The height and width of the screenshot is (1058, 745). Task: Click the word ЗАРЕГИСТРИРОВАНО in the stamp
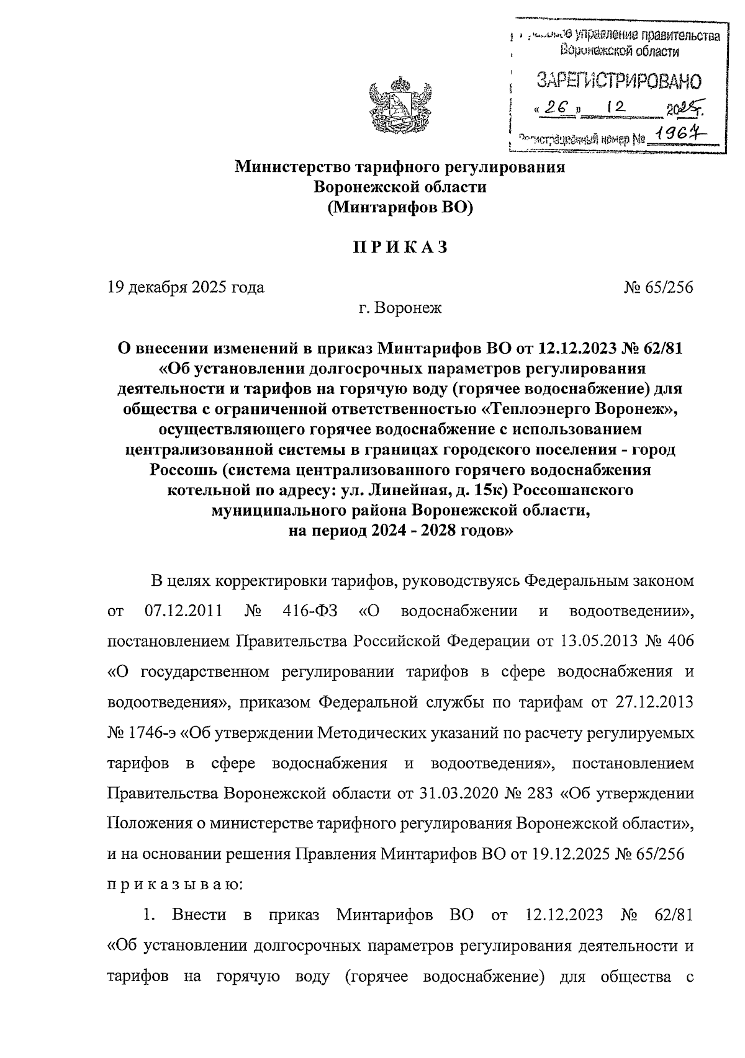click(618, 81)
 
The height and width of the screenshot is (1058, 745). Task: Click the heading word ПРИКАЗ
click(400, 247)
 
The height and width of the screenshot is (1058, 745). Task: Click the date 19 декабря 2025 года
click(186, 287)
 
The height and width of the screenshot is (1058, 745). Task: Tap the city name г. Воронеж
click(400, 307)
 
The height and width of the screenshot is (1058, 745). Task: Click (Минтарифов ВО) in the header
click(400, 208)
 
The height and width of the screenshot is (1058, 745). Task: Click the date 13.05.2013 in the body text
click(598, 641)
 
